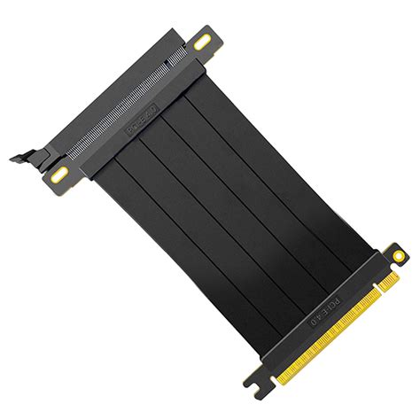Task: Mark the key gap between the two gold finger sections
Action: [373, 296]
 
